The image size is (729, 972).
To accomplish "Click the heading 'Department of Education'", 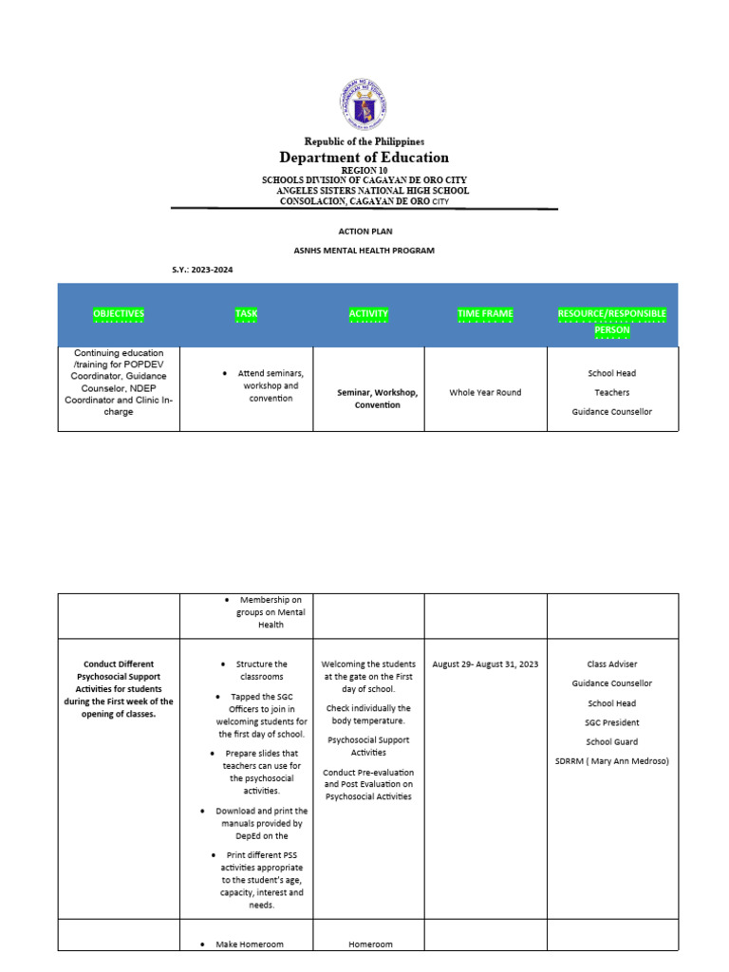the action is pos(364,158).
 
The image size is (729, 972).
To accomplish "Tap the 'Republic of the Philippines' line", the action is pos(364,141).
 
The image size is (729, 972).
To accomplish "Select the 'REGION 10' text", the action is pos(364,170).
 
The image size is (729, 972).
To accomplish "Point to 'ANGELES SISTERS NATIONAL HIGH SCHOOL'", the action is pos(372,191).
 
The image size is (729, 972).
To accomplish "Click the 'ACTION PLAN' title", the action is pos(365,231).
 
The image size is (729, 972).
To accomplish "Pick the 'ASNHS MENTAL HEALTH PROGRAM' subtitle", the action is pos(364,251).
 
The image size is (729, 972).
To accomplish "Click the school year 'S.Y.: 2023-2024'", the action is pos(202,271).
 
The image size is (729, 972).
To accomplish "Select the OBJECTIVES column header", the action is pos(119,313).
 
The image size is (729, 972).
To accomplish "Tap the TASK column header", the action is pos(246,313).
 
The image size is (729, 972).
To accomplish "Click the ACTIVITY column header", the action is pos(368,313).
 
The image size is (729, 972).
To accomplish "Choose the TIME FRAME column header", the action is pos(485,313).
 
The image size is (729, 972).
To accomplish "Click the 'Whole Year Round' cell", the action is pos(485,392).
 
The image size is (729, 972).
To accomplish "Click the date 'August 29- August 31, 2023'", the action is pos(485,664).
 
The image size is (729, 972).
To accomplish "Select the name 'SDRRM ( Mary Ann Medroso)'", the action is pos(612,761).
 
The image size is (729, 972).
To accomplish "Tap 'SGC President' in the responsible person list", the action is pos(612,722).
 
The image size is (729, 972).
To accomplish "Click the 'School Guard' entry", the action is pos(612,742).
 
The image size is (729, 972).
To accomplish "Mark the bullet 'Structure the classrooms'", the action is pos(261,670).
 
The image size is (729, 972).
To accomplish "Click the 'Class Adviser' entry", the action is pos(612,664).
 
